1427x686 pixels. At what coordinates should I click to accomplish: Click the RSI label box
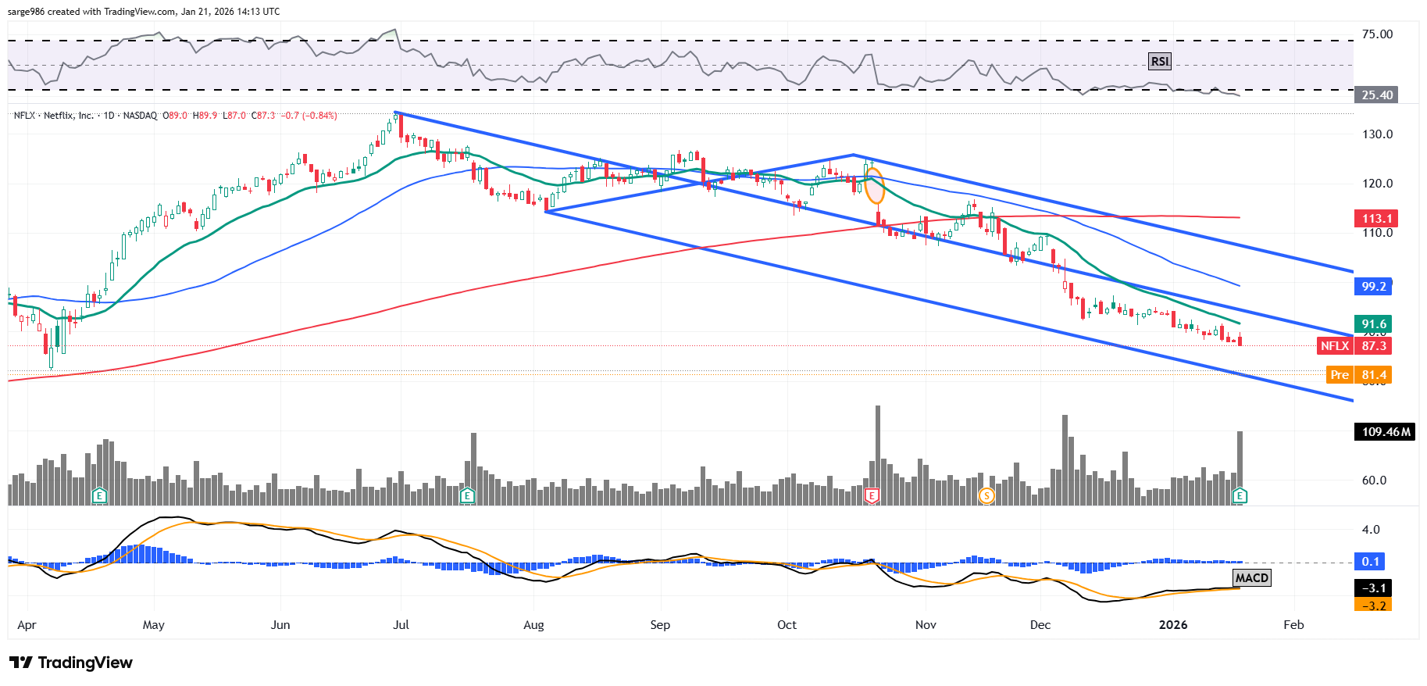(1160, 62)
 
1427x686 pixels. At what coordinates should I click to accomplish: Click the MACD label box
(1251, 578)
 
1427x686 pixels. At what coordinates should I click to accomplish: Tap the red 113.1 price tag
(1374, 219)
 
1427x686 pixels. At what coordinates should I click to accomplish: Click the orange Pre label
(1340, 375)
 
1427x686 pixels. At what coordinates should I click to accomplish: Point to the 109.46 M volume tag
(1385, 432)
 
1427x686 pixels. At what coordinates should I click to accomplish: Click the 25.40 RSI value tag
(1377, 95)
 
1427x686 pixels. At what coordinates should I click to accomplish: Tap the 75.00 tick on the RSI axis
(1377, 34)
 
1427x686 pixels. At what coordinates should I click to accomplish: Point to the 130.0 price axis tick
(1377, 134)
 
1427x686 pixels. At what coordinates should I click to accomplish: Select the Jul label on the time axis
(401, 625)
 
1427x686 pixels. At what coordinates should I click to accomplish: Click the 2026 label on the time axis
(1172, 625)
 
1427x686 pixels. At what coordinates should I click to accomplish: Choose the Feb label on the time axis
(1293, 625)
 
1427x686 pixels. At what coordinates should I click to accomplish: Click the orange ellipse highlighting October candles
(874, 186)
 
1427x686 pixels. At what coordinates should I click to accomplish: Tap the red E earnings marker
(872, 495)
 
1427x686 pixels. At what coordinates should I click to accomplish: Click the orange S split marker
(986, 495)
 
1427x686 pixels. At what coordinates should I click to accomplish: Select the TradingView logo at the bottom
(72, 663)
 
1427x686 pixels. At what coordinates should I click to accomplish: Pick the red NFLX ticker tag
(1334, 346)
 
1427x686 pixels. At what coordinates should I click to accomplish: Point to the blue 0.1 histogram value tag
(1371, 562)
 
